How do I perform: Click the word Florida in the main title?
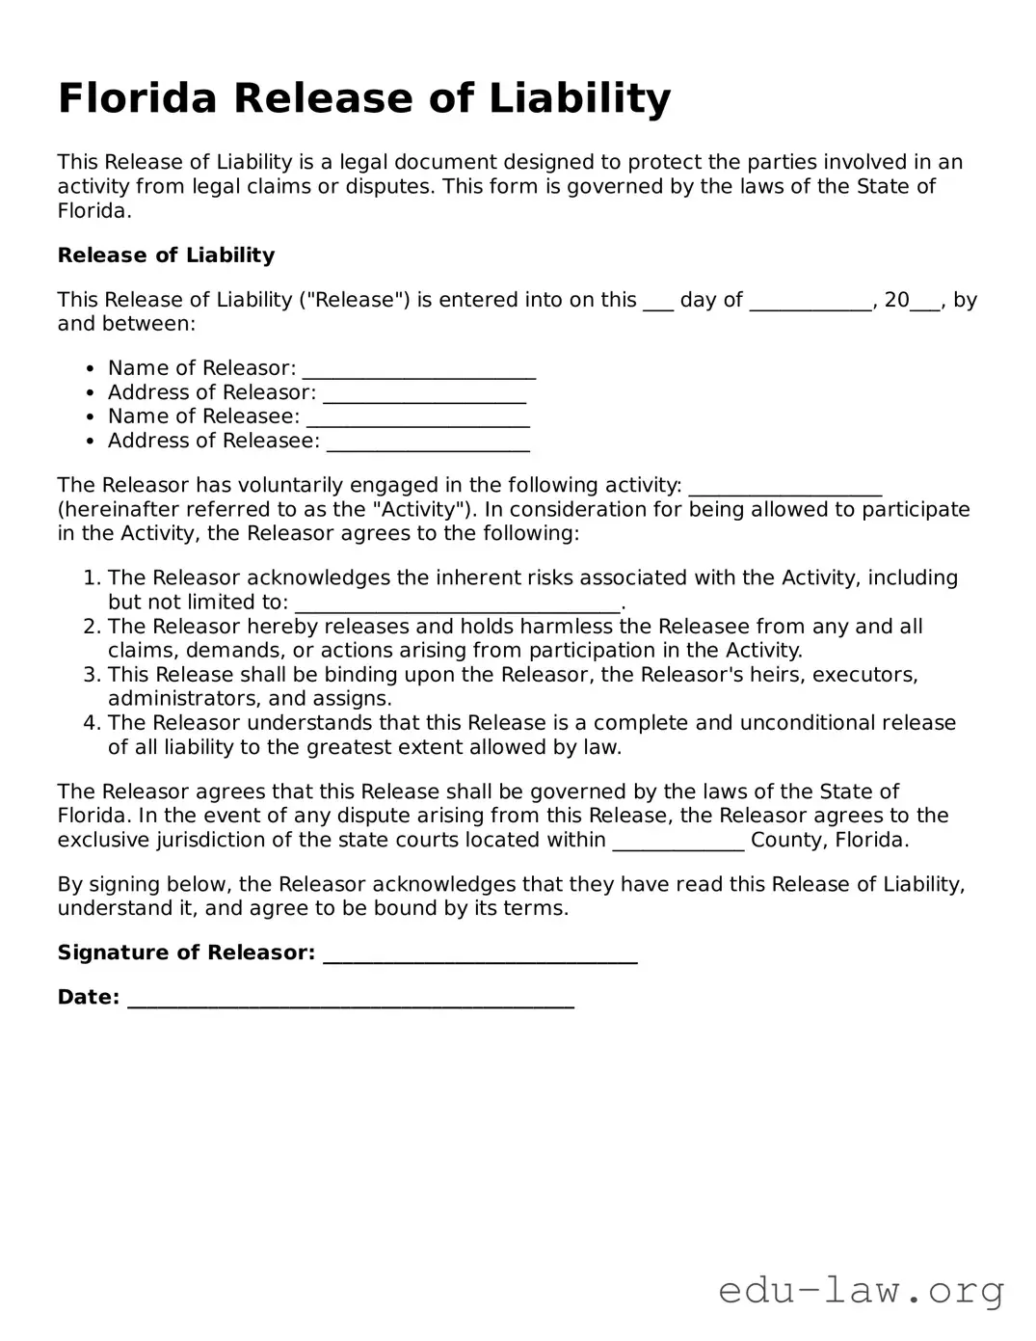coord(138,98)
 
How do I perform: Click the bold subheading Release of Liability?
coord(166,255)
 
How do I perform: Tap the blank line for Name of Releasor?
coord(418,370)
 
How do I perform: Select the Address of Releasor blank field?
coord(424,394)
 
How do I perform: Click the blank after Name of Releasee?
coord(417,418)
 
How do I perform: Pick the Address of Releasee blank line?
coord(428,443)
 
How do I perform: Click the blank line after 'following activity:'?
coord(785,487)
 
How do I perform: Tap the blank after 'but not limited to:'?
coord(457,604)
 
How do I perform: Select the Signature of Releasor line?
coord(480,954)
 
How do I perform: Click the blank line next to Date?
coord(351,999)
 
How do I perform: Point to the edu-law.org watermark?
coord(861,1290)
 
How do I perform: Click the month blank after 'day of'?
coord(810,302)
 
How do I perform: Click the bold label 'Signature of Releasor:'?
coord(186,952)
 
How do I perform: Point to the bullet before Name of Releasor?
coord(90,368)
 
